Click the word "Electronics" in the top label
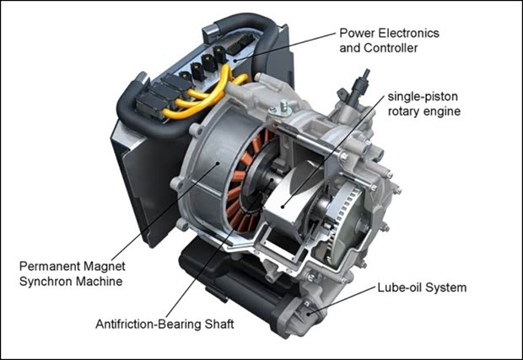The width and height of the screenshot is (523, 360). [409, 33]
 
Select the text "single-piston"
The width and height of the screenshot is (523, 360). [423, 97]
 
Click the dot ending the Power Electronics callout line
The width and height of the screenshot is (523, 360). [235, 61]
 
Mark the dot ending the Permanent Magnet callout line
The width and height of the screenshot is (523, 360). [218, 163]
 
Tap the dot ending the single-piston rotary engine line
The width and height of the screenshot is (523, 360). [283, 207]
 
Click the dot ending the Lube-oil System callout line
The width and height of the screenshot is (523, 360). [309, 314]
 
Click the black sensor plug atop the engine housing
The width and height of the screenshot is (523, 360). [359, 87]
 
